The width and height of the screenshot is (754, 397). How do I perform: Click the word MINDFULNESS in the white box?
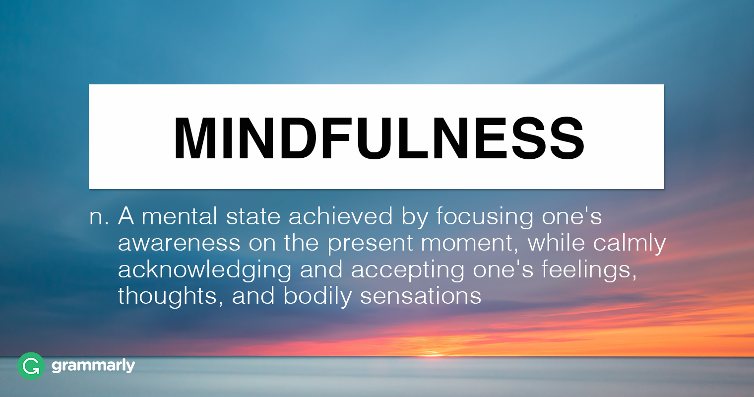[379, 138]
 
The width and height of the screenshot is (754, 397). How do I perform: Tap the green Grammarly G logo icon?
[31, 366]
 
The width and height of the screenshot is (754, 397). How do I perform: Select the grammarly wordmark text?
[93, 366]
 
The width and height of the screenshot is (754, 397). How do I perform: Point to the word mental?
[180, 216]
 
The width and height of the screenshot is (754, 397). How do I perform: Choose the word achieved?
[341, 216]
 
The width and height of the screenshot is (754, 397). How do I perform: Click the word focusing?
[485, 218]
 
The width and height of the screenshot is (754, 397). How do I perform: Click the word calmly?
[629, 244]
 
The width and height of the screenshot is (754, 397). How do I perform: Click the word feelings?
[589, 270]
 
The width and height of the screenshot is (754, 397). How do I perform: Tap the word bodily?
[317, 297]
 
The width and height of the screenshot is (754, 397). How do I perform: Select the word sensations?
[421, 296]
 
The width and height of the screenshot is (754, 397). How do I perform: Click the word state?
[253, 217]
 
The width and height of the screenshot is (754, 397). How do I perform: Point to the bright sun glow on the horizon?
[434, 355]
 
